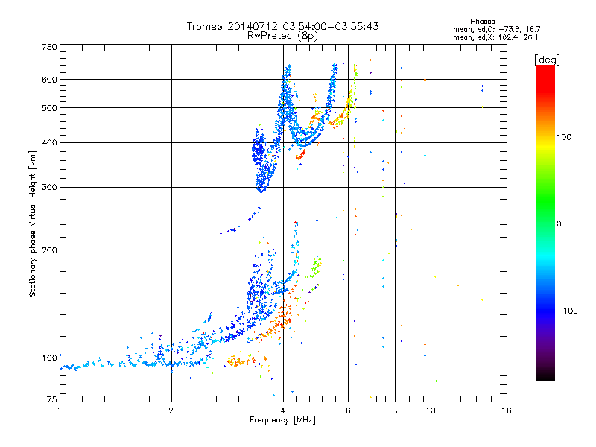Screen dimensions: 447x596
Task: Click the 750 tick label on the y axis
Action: coord(49,47)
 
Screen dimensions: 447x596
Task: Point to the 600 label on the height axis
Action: coord(49,79)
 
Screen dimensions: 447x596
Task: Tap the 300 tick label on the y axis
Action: coord(49,187)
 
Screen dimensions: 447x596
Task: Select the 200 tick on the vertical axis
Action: coord(49,250)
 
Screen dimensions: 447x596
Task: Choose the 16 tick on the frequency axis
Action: coord(506,410)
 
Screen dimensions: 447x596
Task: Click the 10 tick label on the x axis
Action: coord(430,410)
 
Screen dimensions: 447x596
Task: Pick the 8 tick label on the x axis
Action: coord(395,410)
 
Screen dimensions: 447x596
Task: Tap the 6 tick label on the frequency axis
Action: coord(349,410)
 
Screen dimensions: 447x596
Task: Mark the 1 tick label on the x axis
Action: coord(60,410)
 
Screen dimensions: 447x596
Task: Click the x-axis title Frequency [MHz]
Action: coord(283,420)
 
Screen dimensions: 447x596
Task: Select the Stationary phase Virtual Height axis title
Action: coord(33,223)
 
